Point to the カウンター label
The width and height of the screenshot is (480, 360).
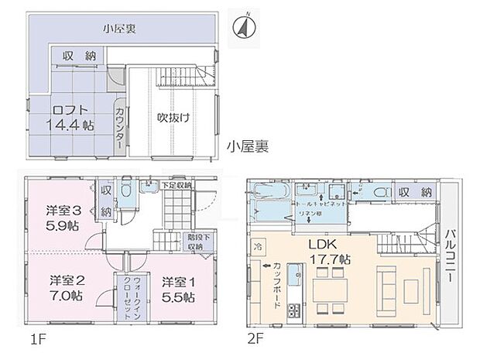[120, 128]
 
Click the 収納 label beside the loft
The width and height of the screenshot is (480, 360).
[81, 56]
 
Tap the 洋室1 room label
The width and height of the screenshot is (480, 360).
[178, 288]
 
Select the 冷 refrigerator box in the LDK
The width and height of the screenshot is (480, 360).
[258, 245]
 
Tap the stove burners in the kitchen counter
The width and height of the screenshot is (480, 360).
[294, 310]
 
